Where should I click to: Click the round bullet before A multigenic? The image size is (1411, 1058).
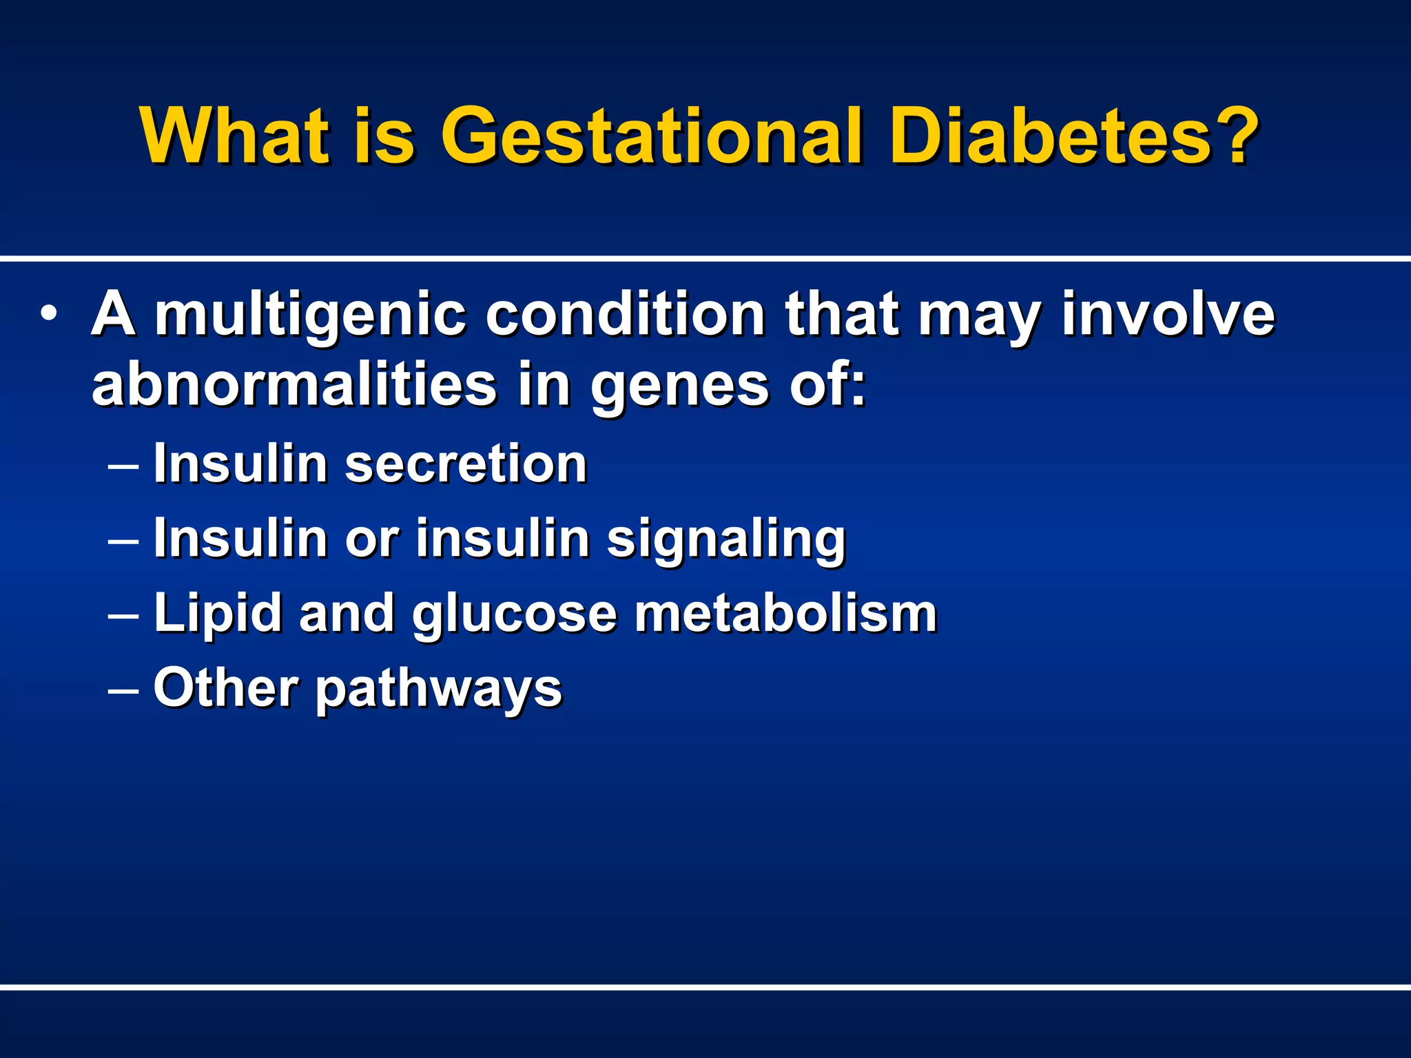click(x=49, y=313)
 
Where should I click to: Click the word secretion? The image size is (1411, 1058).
click(x=466, y=464)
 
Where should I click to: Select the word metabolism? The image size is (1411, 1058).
click(x=785, y=613)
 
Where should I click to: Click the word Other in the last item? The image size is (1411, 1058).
click(x=226, y=687)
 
